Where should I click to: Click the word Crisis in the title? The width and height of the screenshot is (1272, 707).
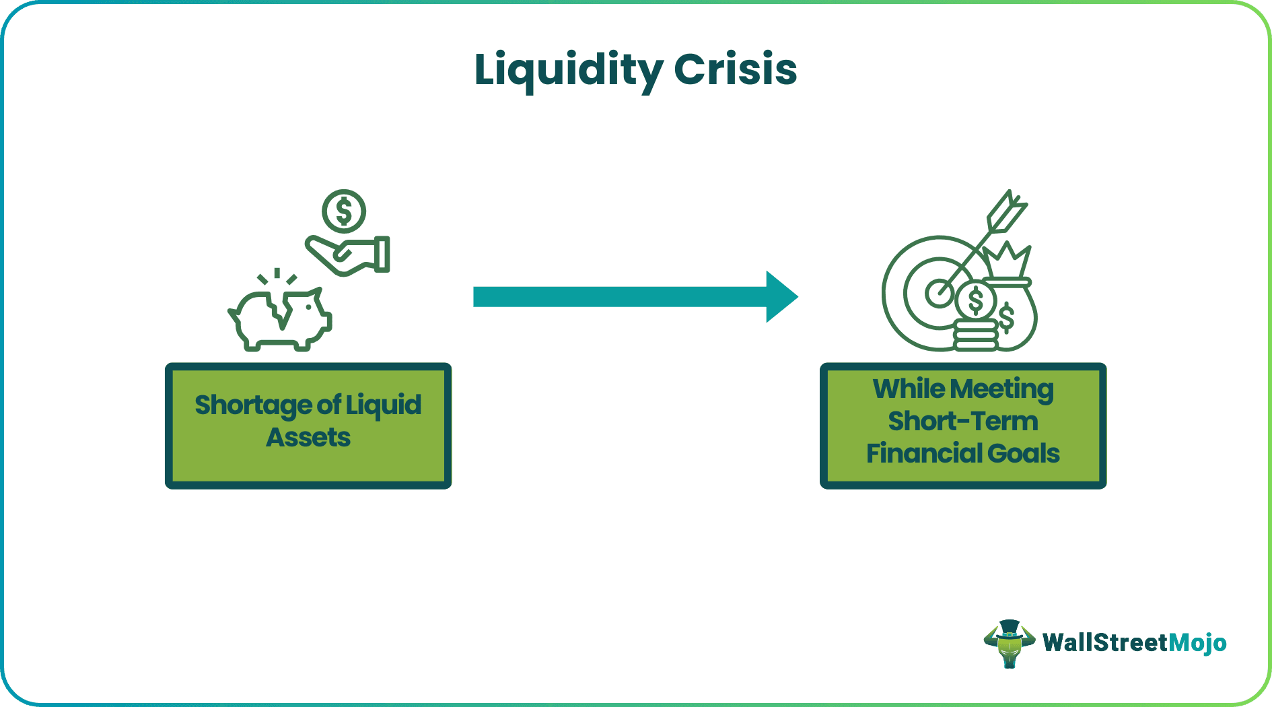coord(735,70)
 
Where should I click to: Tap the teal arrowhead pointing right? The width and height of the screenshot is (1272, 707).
coord(781,297)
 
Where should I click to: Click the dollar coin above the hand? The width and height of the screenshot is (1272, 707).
coord(344,211)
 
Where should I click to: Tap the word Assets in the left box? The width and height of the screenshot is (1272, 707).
coord(308,438)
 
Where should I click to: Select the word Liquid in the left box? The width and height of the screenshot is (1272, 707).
coord(384,405)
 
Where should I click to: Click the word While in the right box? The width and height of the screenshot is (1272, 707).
coord(909,389)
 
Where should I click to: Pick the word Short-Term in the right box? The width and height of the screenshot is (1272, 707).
coord(963,422)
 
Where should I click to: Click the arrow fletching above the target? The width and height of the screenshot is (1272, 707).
coord(1008,209)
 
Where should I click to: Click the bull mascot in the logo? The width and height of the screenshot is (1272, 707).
coord(1009,644)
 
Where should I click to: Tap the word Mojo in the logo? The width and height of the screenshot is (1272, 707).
coord(1197,643)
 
